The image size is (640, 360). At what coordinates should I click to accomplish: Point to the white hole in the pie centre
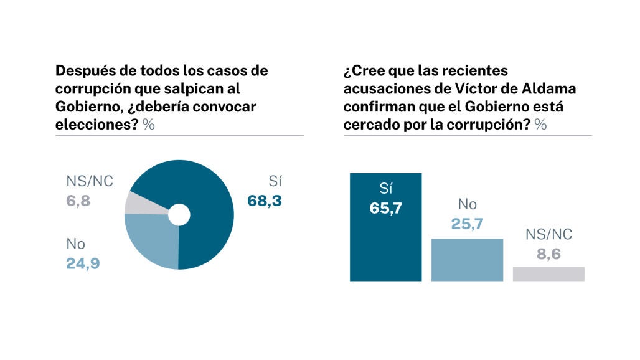pyautogui.click(x=179, y=215)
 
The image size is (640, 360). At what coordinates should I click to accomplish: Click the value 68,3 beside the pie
pyautogui.click(x=265, y=201)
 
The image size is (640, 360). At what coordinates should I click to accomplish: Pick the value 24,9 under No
pyautogui.click(x=83, y=263)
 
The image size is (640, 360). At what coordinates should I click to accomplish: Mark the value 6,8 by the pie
pyautogui.click(x=78, y=201)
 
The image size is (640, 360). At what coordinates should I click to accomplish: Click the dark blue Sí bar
pyautogui.click(x=386, y=249)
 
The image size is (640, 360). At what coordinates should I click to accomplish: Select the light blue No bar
pyautogui.click(x=467, y=260)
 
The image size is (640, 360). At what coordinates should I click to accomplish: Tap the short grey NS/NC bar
pyautogui.click(x=548, y=273)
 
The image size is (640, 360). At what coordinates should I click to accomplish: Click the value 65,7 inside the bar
pyautogui.click(x=386, y=208)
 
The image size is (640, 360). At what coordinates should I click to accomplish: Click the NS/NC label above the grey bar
pyautogui.click(x=548, y=235)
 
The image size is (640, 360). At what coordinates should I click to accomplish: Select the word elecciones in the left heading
pyautogui.click(x=89, y=124)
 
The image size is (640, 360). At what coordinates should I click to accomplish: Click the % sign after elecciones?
pyautogui.click(x=148, y=124)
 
